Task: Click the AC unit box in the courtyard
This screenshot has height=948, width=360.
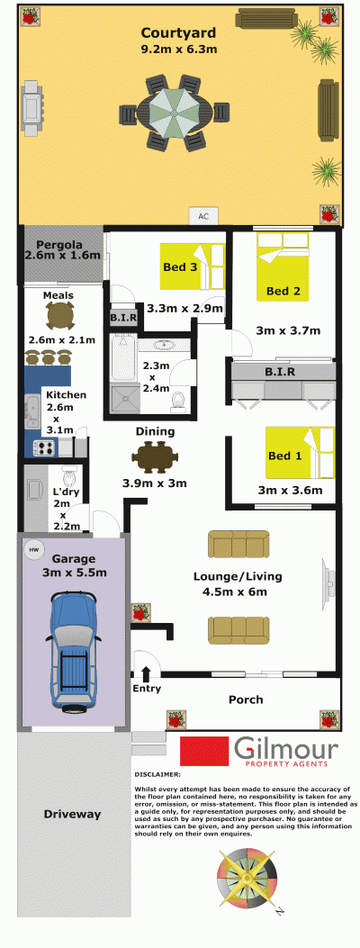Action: click(203, 216)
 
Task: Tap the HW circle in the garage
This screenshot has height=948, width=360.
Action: click(32, 549)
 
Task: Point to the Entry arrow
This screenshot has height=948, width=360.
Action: click(146, 673)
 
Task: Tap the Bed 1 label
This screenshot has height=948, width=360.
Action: click(284, 456)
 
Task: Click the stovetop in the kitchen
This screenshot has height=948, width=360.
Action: click(45, 448)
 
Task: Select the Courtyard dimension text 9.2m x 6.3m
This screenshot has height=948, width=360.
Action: click(179, 49)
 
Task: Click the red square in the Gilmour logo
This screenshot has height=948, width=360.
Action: click(204, 752)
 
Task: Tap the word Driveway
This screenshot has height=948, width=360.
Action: click(72, 814)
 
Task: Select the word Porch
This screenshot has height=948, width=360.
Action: click(246, 700)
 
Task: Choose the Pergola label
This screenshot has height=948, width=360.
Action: click(58, 245)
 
